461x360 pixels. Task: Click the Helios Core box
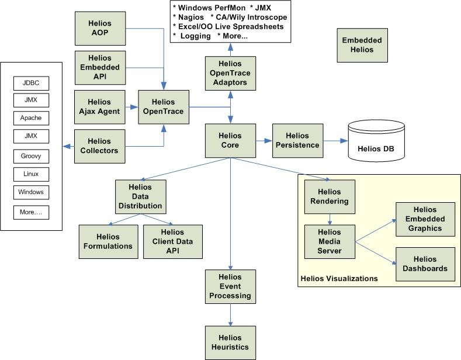230,141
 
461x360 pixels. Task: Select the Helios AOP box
100,28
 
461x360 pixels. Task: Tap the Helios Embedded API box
100,67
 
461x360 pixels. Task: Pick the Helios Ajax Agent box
100,107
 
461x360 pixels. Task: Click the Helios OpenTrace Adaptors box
230,73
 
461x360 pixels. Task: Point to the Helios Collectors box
100,146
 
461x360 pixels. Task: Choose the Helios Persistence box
298,141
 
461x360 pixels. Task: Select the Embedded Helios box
362,45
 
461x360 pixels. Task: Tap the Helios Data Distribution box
140,196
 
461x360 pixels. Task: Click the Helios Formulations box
108,241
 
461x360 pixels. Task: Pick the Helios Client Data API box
172,241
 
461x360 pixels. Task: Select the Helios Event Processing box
230,286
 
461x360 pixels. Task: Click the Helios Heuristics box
230,342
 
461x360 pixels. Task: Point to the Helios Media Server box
330,241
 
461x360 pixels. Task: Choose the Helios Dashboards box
425,264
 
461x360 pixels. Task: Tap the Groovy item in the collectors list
31,157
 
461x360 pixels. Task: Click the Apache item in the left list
31,118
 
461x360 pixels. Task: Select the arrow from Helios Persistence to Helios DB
336,141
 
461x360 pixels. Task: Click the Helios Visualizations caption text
339,279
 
